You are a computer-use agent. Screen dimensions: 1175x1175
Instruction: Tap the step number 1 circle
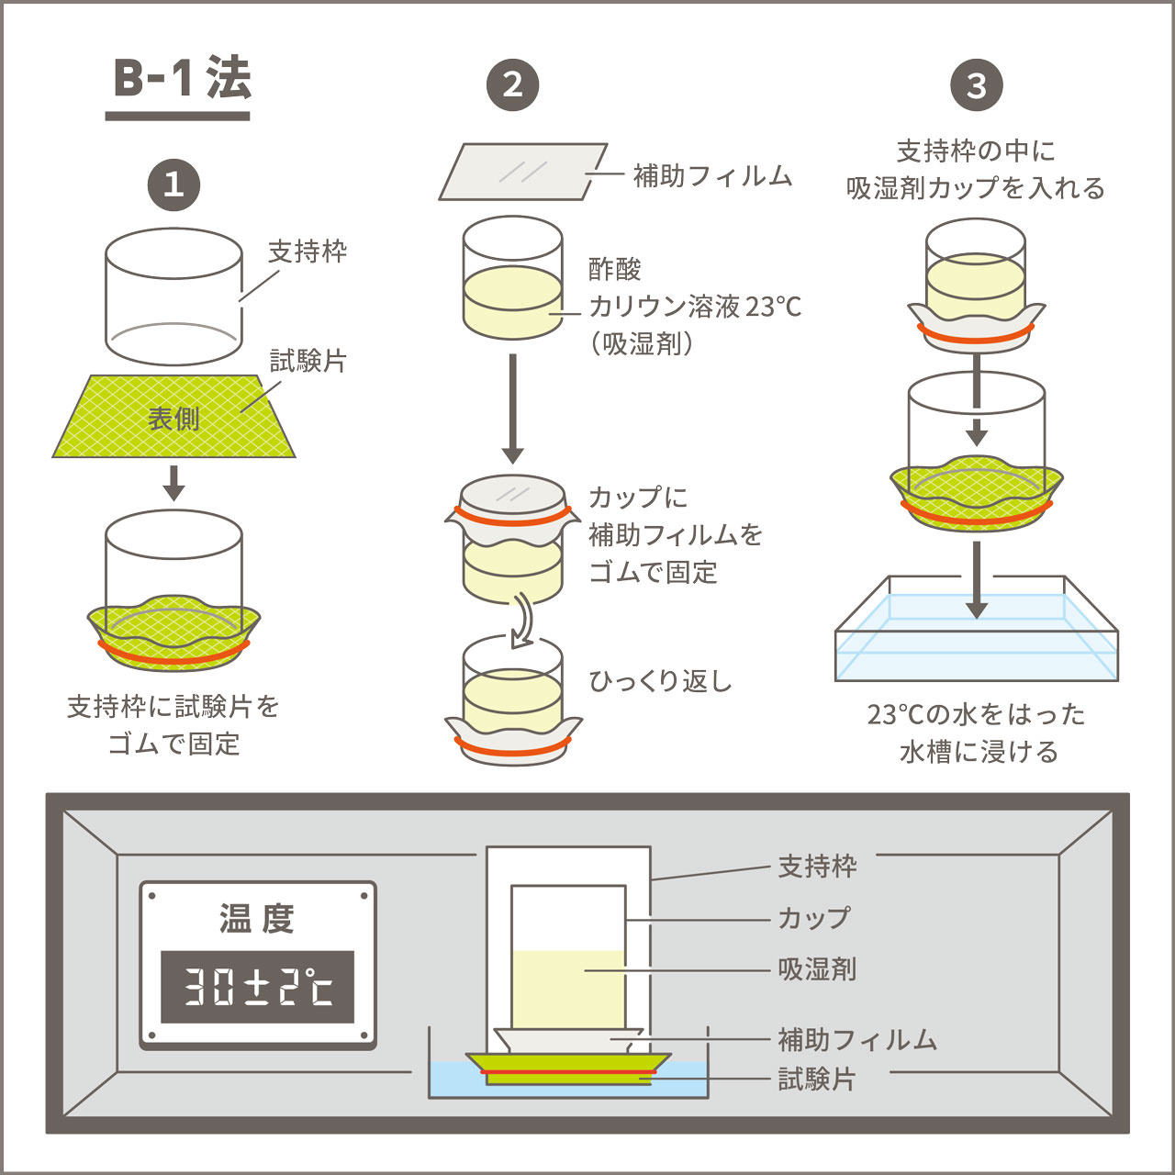point(173,185)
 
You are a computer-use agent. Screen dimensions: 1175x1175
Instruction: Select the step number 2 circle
point(512,85)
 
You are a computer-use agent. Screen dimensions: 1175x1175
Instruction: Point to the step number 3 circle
point(976,85)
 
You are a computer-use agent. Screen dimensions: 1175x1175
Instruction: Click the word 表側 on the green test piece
point(173,419)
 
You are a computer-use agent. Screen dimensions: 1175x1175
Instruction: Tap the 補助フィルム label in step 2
point(712,175)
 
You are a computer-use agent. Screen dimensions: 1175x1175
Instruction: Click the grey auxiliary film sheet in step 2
point(523,172)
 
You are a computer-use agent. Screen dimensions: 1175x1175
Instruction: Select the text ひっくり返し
point(660,681)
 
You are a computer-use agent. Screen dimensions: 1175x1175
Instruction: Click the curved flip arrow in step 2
point(522,621)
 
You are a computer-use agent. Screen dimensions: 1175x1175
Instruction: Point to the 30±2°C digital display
point(257,987)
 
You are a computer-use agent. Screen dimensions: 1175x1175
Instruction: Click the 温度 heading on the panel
point(257,918)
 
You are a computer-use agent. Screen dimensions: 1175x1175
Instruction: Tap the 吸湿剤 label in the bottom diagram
point(817,969)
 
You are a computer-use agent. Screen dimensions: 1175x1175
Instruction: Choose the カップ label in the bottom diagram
point(814,918)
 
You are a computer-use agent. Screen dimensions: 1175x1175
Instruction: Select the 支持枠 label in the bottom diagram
point(817,866)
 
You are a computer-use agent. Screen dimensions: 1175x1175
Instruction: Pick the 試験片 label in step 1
point(308,362)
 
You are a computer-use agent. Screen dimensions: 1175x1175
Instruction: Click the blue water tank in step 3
point(976,633)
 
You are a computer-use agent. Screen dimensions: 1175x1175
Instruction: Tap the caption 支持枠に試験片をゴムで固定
point(173,725)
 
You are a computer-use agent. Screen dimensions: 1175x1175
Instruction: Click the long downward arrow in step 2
point(513,408)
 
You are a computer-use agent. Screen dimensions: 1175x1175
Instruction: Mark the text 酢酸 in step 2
point(615,269)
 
